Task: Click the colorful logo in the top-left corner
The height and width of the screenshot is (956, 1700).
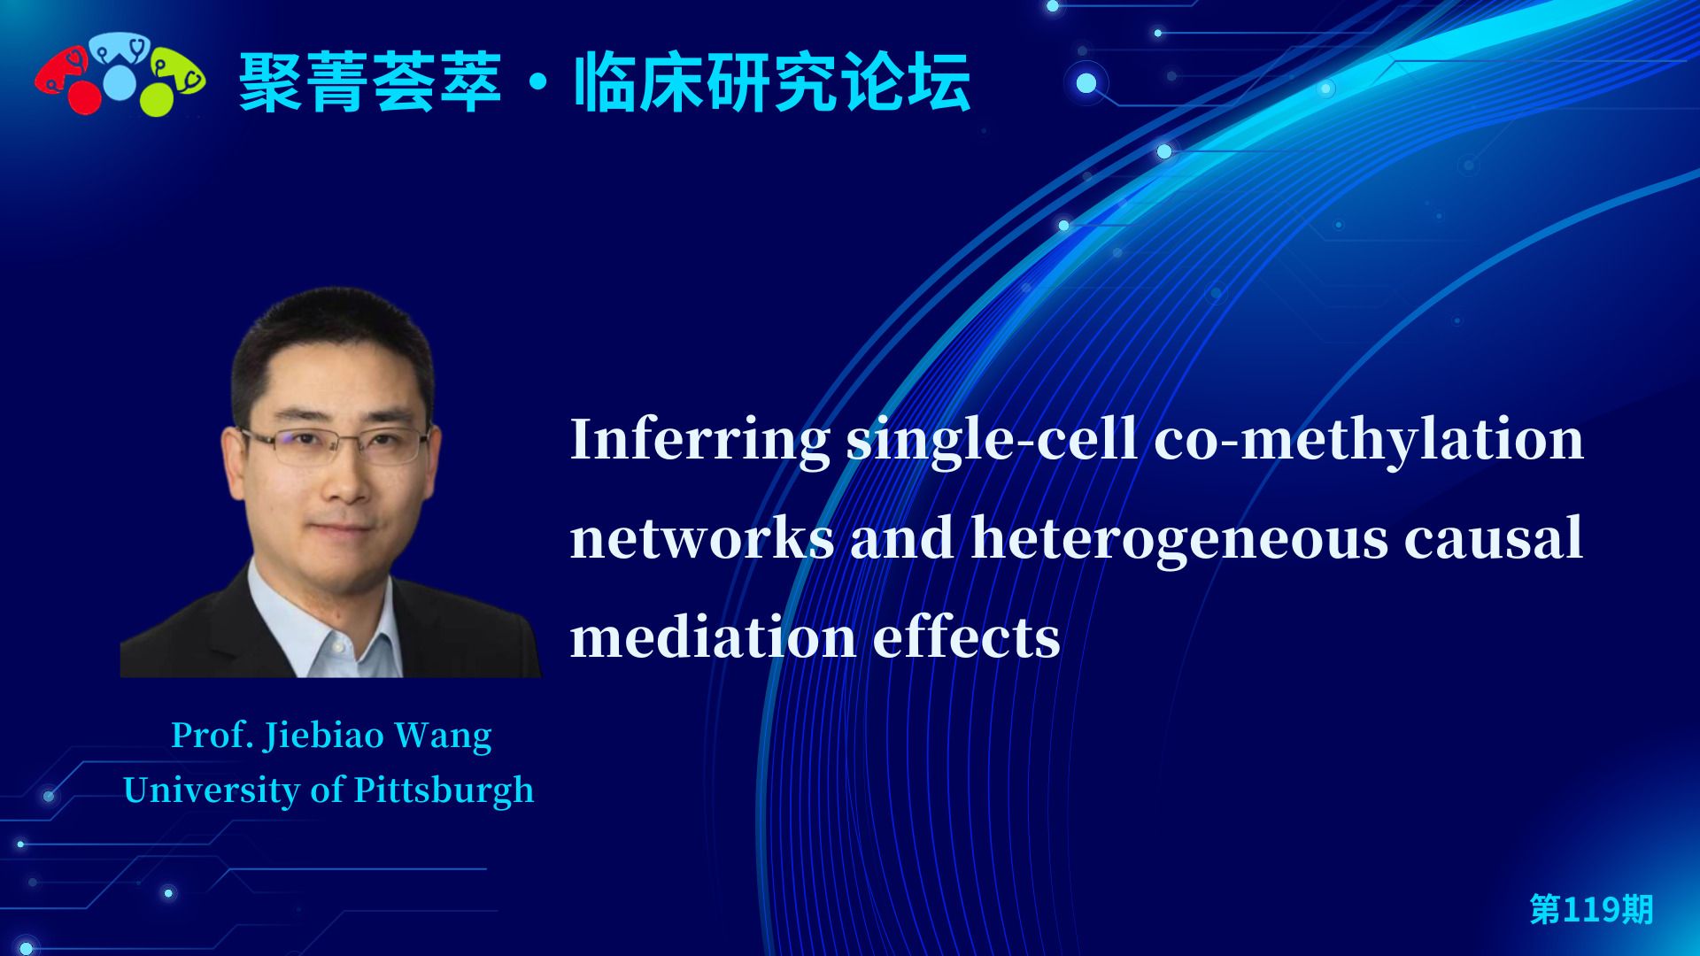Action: coord(120,77)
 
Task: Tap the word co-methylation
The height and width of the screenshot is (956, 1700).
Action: coord(1369,439)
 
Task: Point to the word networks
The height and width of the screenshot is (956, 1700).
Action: coord(702,538)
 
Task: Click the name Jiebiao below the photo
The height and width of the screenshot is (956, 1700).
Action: coord(324,736)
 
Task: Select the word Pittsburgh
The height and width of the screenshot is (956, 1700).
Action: coord(444,791)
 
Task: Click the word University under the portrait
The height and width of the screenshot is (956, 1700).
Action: coord(212,791)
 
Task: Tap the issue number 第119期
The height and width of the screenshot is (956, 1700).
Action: coord(1591,909)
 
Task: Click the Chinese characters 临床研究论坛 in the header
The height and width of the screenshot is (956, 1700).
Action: coord(772,83)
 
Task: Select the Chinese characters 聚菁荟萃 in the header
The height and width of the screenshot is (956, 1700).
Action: coord(370,83)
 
